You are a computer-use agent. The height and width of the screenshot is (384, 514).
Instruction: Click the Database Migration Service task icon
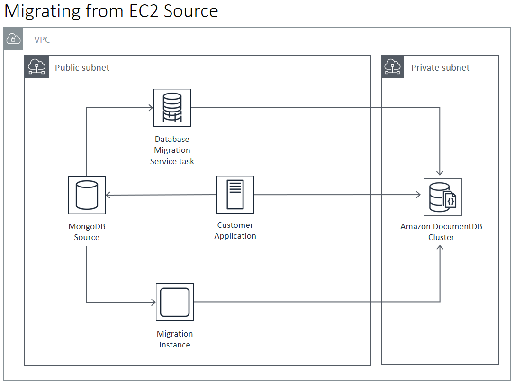tap(172, 108)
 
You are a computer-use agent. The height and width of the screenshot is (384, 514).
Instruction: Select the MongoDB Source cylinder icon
tap(87, 195)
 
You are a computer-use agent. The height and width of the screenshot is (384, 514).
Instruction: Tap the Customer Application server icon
tap(235, 195)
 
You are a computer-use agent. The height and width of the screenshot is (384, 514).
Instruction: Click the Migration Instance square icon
tap(175, 302)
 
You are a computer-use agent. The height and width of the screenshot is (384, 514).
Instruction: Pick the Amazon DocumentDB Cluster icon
tap(442, 197)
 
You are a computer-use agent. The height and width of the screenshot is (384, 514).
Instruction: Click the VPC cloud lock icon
tap(14, 38)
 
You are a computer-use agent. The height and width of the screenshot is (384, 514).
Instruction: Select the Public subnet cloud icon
tap(36, 66)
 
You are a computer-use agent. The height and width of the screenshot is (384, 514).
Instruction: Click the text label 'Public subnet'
tap(82, 67)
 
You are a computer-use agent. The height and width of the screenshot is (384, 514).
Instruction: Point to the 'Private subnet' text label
tap(440, 67)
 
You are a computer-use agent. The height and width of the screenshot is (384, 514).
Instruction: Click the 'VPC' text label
tap(42, 40)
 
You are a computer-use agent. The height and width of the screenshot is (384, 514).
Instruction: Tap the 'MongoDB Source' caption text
tap(87, 232)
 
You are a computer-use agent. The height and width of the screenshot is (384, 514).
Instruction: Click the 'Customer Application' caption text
tap(235, 230)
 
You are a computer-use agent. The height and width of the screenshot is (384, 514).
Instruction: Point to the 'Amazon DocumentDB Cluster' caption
tap(441, 232)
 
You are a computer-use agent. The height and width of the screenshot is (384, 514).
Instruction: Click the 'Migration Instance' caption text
tap(175, 339)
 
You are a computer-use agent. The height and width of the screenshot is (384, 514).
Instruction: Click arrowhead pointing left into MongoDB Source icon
tap(108, 195)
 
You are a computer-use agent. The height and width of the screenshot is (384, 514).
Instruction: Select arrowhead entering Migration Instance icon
tap(153, 302)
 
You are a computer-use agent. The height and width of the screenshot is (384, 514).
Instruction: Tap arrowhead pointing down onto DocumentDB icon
tap(440, 173)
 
